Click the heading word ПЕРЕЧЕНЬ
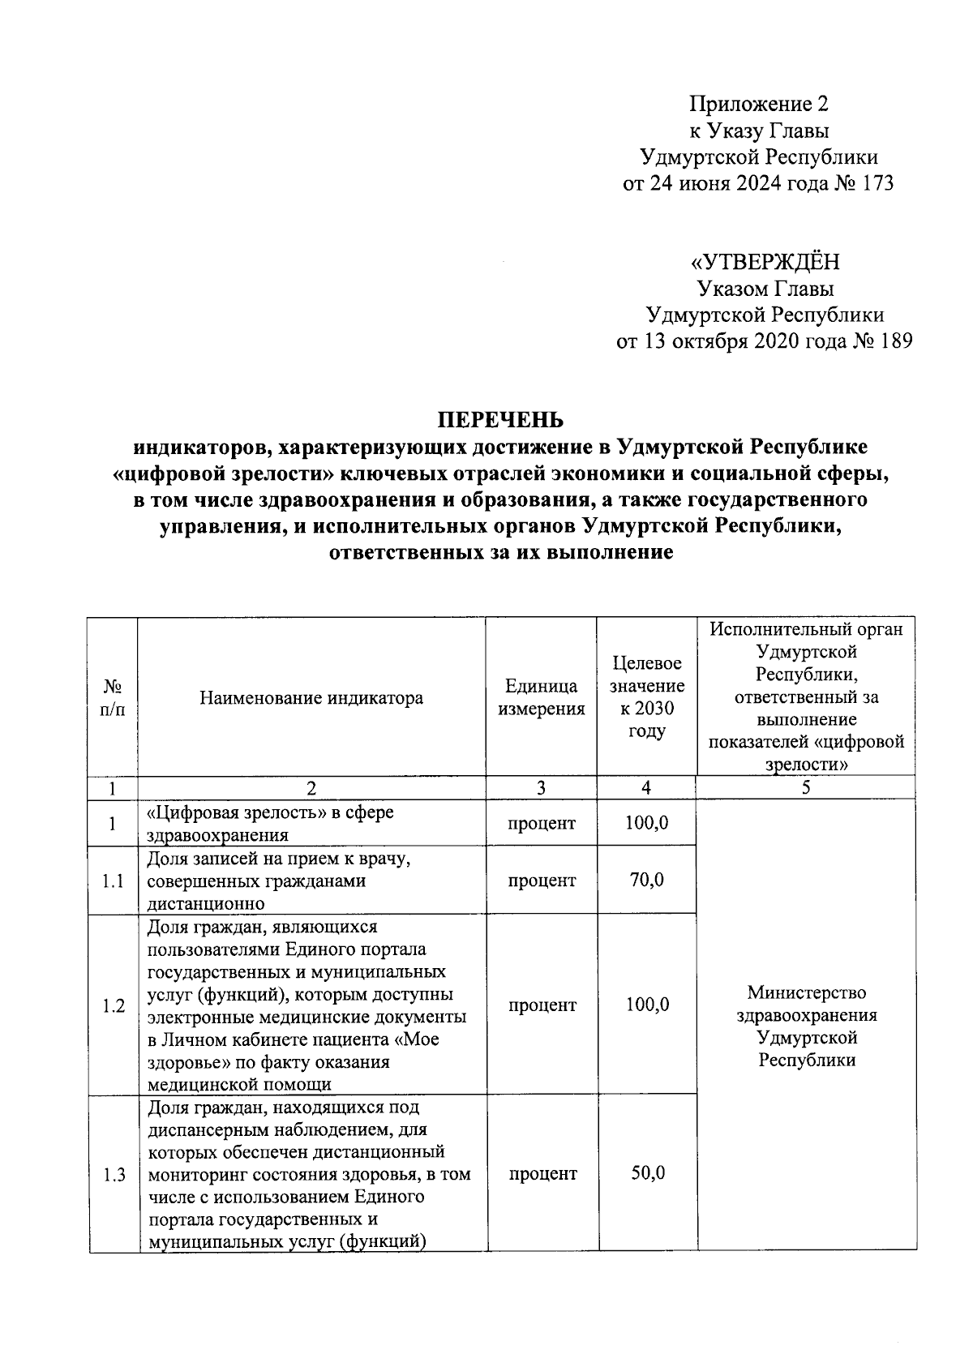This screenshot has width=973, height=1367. [x=500, y=420]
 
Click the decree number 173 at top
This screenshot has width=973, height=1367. [x=878, y=183]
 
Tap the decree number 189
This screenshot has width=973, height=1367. [x=895, y=341]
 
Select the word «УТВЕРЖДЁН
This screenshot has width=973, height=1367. [x=765, y=262]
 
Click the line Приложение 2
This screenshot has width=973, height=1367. [x=759, y=104]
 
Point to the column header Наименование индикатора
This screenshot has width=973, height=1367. [x=311, y=697]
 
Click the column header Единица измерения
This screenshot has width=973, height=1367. [x=541, y=697]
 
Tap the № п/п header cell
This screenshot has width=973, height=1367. [x=114, y=697]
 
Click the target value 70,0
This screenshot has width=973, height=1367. [x=646, y=880]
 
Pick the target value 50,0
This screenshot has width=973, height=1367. [x=647, y=1172]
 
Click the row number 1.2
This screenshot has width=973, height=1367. [x=114, y=1005]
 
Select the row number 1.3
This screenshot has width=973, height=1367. [x=114, y=1173]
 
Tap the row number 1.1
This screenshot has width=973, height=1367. [x=114, y=881]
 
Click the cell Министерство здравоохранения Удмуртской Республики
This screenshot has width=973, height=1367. [x=806, y=1026]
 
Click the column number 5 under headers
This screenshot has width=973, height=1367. [x=806, y=788]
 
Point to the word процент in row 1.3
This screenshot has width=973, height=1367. [x=542, y=1173]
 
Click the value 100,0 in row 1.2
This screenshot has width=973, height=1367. [x=647, y=1005]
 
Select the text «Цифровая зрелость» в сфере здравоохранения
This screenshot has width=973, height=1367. [x=271, y=823]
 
